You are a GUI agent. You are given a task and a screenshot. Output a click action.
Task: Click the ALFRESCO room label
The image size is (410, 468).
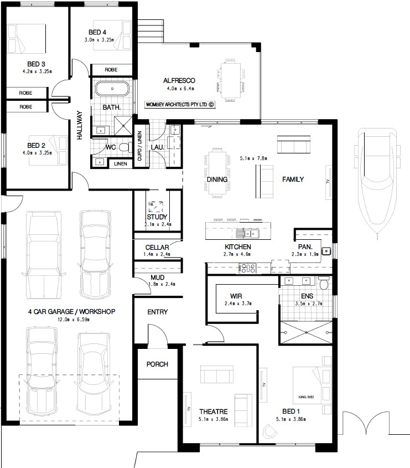(x=179, y=81)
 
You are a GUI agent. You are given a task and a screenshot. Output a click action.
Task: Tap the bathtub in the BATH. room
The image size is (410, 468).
(x=112, y=89)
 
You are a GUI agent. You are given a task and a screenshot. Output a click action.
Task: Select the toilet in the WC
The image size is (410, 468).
(x=126, y=147)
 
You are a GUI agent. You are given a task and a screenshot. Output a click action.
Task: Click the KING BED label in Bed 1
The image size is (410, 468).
(x=306, y=397)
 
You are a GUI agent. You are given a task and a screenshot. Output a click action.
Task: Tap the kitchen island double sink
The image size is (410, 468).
(x=247, y=234)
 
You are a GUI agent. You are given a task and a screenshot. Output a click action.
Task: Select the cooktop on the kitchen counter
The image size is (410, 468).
(x=247, y=268)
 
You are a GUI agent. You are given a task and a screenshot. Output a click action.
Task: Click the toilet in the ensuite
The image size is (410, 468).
(x=324, y=282)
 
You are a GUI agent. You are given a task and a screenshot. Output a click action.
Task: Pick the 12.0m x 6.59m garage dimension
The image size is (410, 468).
(x=74, y=320)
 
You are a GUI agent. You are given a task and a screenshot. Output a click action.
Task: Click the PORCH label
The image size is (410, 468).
(x=157, y=364)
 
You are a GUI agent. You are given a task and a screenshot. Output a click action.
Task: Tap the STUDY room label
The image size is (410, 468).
(x=157, y=217)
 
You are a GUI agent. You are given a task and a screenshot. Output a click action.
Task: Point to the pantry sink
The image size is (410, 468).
(x=326, y=251)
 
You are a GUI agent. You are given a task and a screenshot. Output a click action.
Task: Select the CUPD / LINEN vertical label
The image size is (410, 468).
(x=139, y=146)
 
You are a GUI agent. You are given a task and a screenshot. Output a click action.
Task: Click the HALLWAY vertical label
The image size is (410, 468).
(x=79, y=125)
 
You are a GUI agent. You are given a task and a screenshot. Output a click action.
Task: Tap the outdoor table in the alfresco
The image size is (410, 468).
(x=231, y=80)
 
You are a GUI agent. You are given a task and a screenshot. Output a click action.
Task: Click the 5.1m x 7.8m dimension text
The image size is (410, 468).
(x=253, y=158)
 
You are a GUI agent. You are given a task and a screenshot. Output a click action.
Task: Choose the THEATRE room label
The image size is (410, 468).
(x=214, y=412)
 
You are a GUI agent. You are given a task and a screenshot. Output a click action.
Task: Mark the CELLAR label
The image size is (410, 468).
(x=157, y=248)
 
